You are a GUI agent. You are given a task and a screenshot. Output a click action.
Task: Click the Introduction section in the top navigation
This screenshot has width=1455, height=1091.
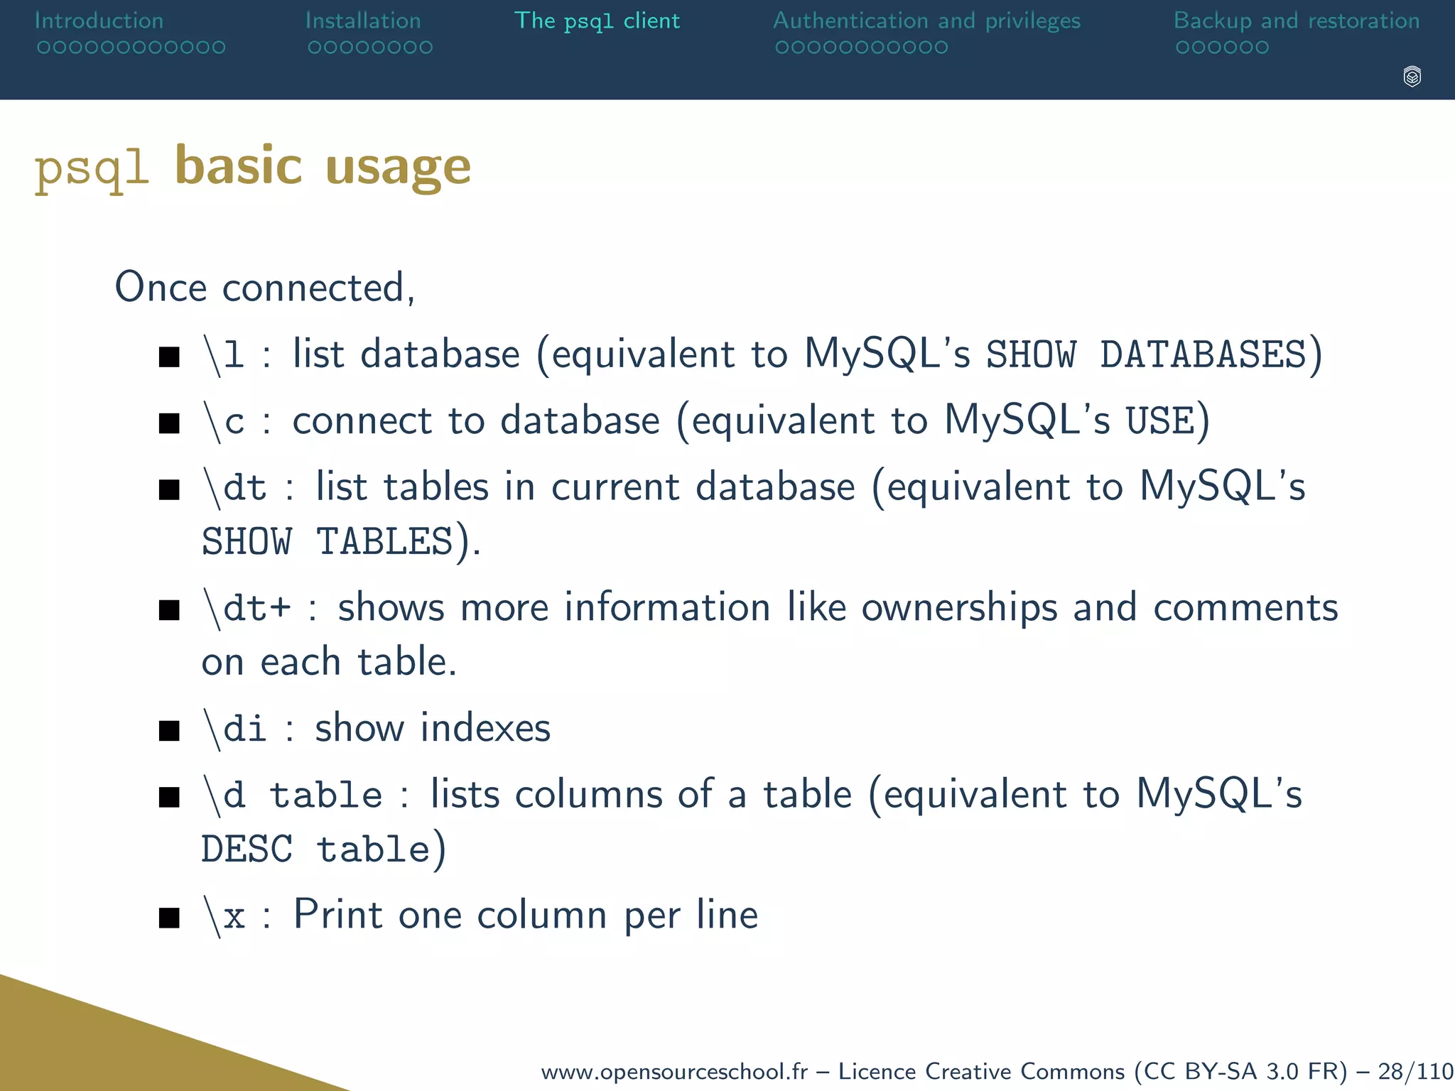99,21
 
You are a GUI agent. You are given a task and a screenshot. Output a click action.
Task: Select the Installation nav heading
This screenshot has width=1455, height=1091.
363,21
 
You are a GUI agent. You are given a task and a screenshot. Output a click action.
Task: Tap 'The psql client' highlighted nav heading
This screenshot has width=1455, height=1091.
597,21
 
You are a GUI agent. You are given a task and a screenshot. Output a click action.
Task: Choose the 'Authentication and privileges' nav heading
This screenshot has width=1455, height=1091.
926,21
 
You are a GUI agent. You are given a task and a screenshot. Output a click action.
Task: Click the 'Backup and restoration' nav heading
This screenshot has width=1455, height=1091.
1297,21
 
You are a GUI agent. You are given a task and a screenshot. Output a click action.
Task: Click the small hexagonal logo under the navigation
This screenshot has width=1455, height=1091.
1412,77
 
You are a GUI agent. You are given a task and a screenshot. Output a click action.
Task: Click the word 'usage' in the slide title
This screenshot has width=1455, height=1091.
398,168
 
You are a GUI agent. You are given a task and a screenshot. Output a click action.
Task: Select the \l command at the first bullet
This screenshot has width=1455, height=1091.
224,354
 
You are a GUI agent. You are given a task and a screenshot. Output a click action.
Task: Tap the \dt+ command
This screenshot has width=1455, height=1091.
247,608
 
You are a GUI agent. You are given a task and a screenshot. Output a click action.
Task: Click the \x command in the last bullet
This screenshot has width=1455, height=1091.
224,916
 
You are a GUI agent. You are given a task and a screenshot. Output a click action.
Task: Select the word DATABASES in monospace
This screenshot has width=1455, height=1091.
1204,354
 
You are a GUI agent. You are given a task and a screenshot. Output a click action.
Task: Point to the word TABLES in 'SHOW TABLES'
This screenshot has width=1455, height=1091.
384,542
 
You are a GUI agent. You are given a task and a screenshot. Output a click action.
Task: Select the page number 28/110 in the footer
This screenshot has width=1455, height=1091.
1415,1071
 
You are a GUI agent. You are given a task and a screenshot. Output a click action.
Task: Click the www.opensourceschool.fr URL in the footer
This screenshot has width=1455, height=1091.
674,1071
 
